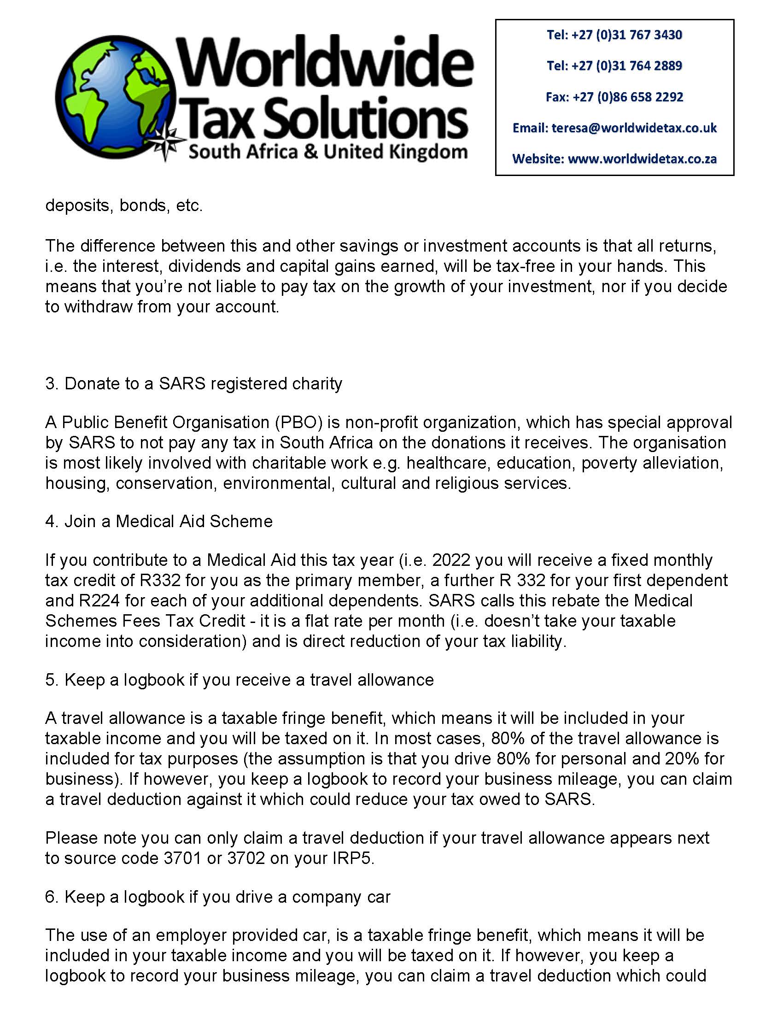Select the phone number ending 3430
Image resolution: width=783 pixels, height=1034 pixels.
point(614,35)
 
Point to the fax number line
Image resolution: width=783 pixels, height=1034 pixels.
point(614,97)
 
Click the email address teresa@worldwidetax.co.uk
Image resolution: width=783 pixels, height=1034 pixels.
point(633,128)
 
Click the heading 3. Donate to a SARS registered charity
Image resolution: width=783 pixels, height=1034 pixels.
point(194,384)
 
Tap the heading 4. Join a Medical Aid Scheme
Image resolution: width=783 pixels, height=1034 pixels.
point(159,522)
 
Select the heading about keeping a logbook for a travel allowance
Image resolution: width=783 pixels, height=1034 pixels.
point(239,680)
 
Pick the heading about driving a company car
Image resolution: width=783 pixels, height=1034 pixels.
point(217,897)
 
